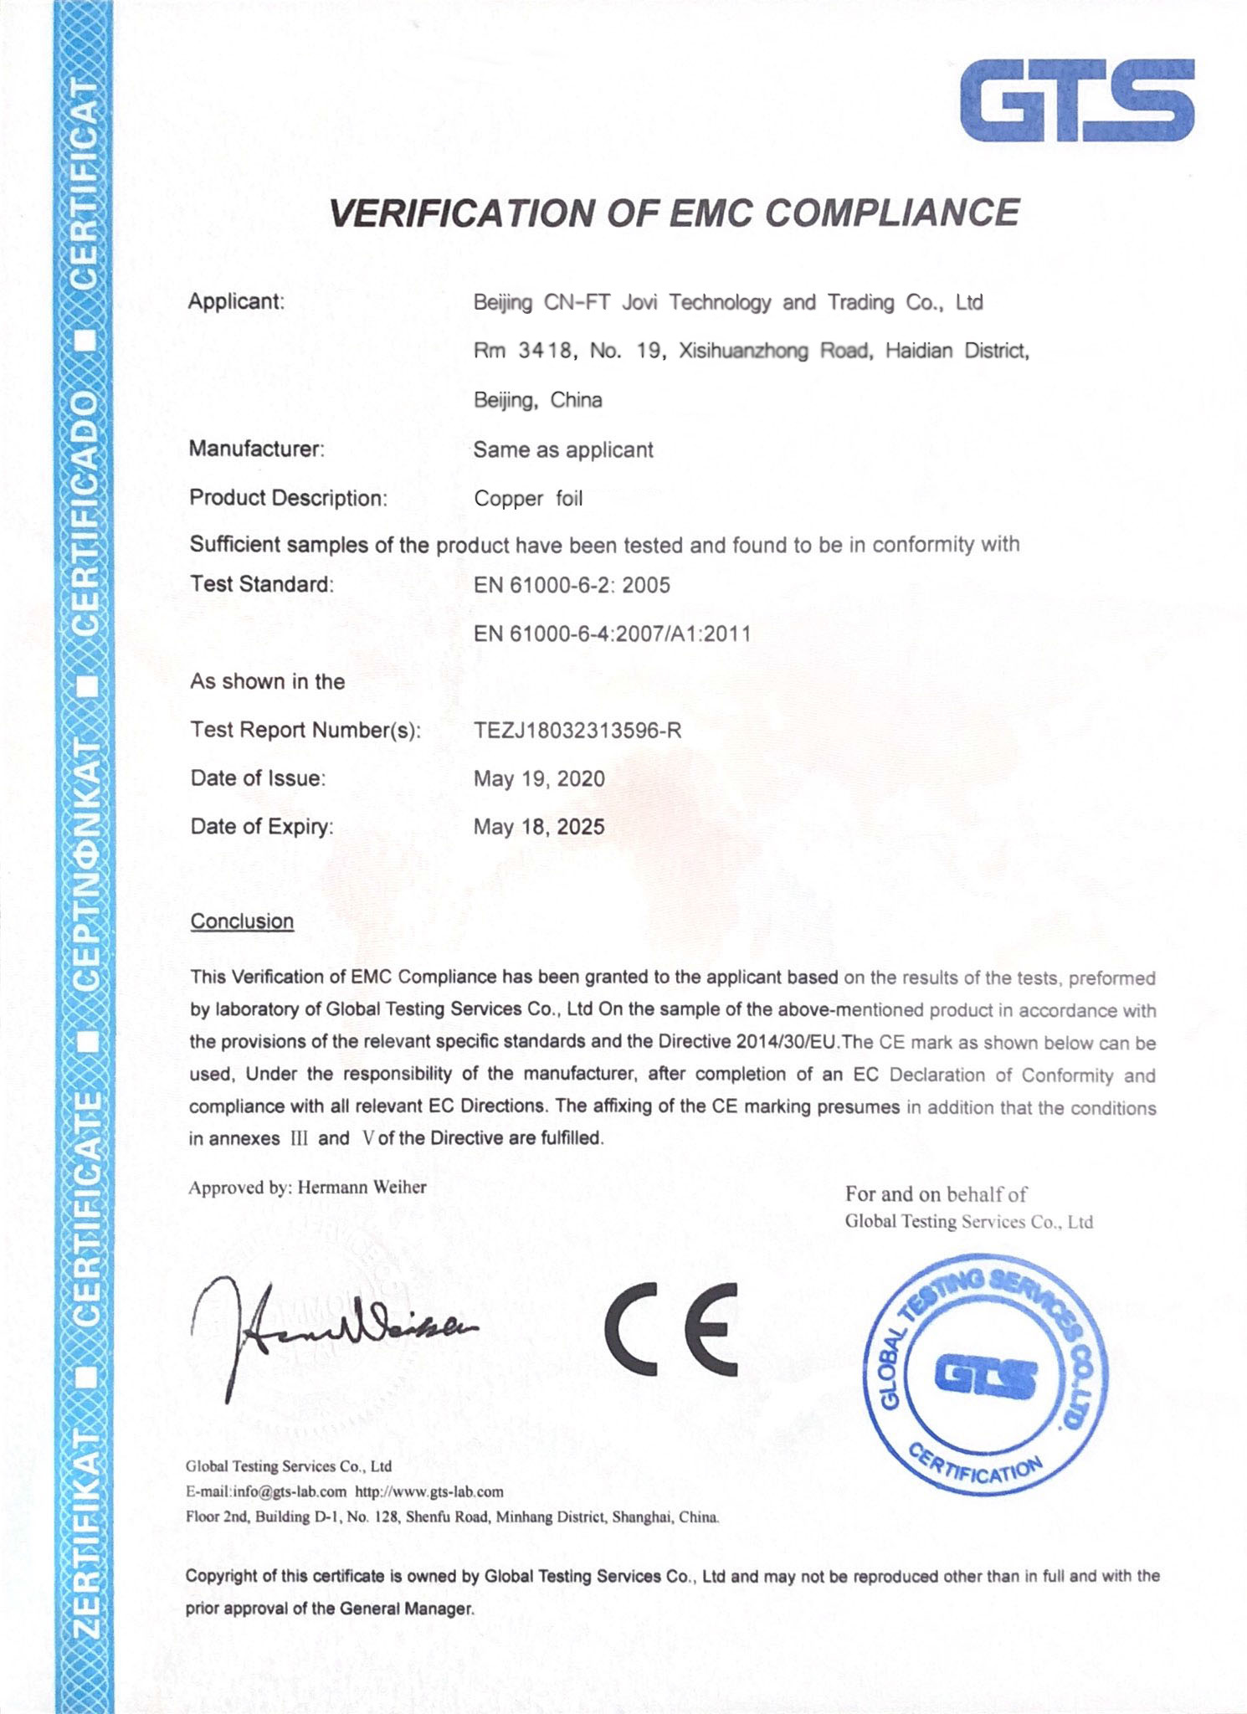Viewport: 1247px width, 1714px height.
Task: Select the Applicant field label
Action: click(x=236, y=301)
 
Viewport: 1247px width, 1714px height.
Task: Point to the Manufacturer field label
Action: click(x=256, y=449)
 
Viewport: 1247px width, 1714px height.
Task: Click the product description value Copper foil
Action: click(x=528, y=499)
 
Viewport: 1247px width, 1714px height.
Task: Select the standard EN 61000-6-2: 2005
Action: click(x=572, y=585)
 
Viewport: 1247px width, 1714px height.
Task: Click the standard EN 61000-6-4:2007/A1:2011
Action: click(x=612, y=634)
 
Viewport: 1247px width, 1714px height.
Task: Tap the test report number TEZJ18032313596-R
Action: click(x=577, y=731)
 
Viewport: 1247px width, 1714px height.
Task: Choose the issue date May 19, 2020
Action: click(x=539, y=779)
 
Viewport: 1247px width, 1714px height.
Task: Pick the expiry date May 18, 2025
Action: click(x=539, y=828)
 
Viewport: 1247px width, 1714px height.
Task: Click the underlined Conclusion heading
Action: click(x=242, y=921)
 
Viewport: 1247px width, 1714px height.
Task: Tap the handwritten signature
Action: click(x=326, y=1331)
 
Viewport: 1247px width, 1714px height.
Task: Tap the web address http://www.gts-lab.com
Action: click(x=429, y=1491)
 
